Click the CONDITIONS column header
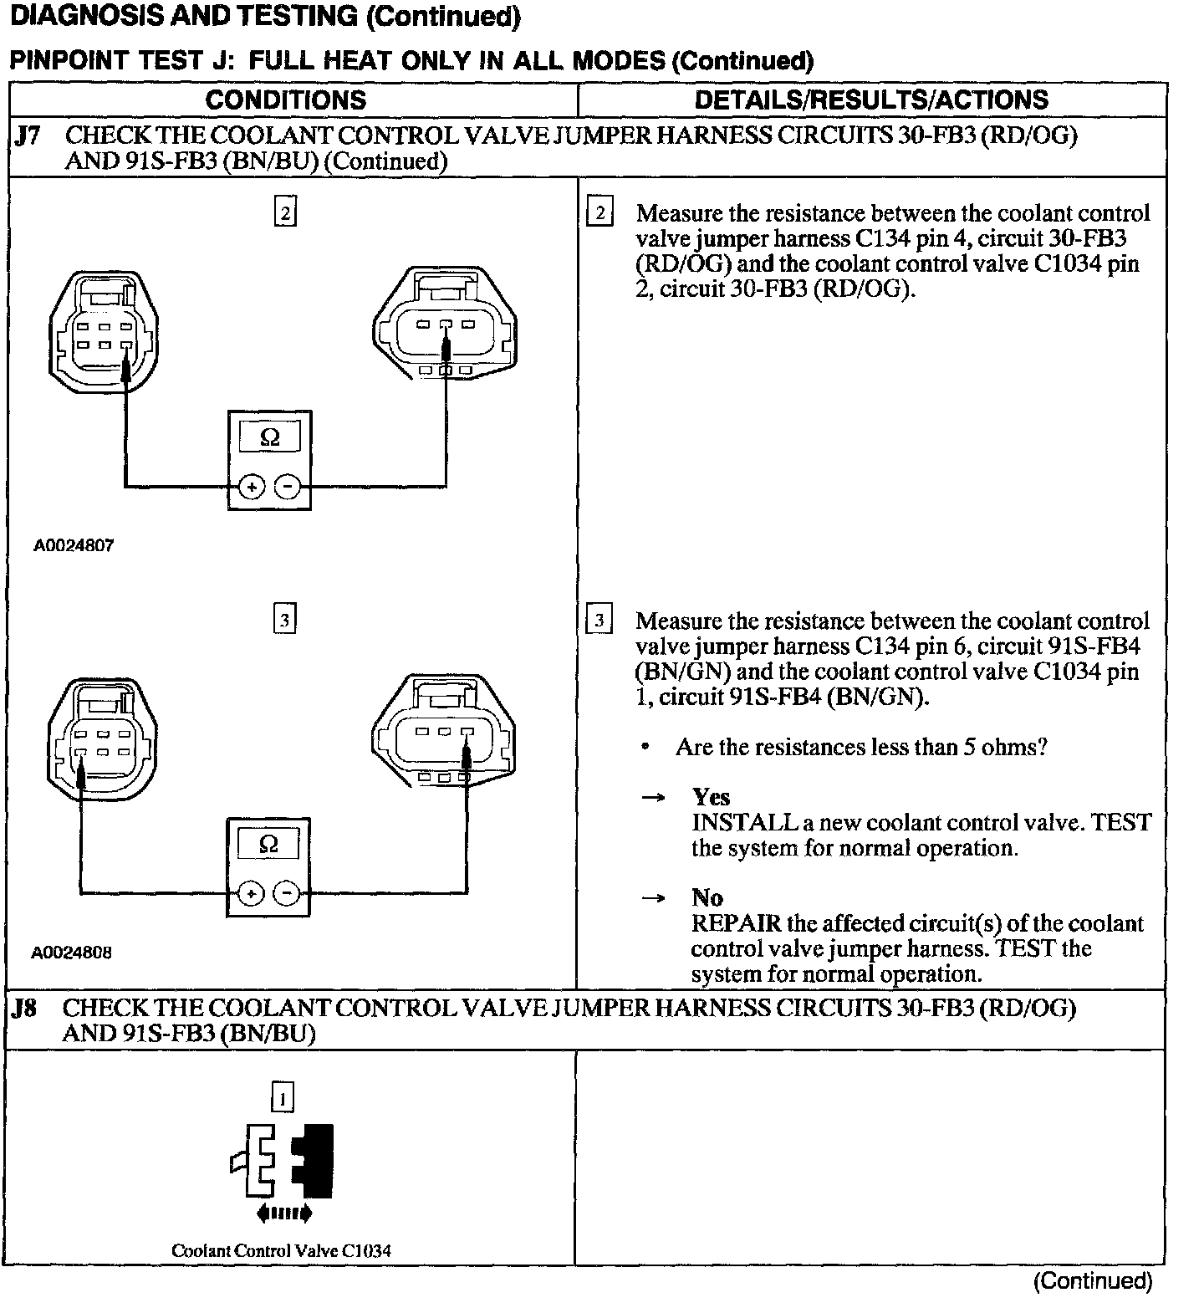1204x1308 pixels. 285,100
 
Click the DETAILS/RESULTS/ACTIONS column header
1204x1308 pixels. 871,100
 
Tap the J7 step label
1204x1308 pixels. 28,136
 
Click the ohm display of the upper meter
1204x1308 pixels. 269,437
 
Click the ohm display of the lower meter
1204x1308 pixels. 268,844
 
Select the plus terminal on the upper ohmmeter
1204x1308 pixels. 251,486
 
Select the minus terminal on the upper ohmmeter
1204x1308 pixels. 288,486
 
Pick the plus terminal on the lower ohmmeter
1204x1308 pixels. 250,894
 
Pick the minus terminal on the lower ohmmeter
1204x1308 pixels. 287,894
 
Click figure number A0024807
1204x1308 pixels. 74,546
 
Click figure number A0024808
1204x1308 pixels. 72,953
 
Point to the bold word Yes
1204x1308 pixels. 711,797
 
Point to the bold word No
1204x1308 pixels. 707,898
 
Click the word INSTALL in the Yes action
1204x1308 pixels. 744,823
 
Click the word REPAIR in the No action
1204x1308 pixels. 737,924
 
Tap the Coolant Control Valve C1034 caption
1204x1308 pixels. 281,1251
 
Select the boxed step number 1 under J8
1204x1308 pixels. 283,1097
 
